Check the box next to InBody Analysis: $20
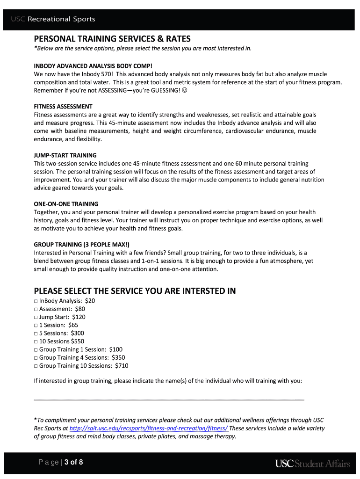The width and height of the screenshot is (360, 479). pos(36,301)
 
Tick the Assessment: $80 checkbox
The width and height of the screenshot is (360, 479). pos(36,309)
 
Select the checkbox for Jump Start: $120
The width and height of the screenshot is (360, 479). pos(36,317)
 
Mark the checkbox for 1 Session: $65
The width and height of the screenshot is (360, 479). pos(36,325)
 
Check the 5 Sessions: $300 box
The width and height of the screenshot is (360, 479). pos(36,334)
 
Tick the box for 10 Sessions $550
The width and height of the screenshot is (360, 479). pos(36,341)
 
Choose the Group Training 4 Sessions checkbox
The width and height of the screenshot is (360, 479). pos(36,358)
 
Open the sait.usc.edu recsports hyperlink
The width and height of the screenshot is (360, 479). pos(149,428)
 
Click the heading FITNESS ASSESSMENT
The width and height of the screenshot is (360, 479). pos(63,107)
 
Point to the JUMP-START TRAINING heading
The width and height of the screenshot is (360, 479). pos(65,155)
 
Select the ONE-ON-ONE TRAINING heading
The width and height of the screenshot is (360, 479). pos(66,204)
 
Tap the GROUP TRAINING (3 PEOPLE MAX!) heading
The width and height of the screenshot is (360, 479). pos(82,244)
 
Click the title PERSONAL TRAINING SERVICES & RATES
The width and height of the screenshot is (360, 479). pos(112,39)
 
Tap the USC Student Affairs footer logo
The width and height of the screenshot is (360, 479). pos(312,464)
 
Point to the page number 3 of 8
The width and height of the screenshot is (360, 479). pos(74,463)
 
